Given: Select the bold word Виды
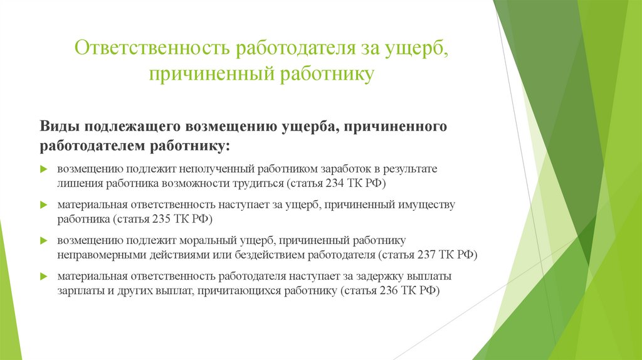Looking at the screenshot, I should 60,126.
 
